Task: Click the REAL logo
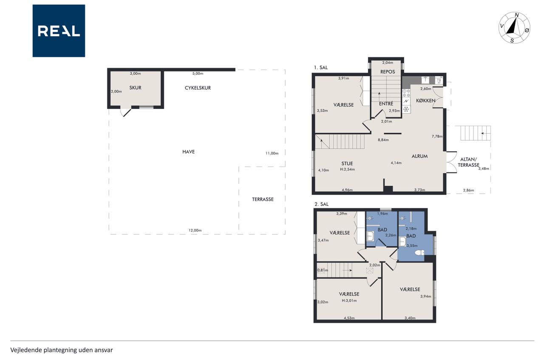(x=59, y=31)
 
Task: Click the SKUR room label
(x=135, y=88)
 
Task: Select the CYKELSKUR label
(x=198, y=88)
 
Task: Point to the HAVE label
(x=188, y=152)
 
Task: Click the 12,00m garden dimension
(x=195, y=231)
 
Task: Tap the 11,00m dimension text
(x=272, y=154)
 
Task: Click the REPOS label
(x=388, y=72)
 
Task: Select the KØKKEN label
(x=425, y=100)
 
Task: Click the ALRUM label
(x=419, y=156)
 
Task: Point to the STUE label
(x=347, y=164)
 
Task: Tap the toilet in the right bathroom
(x=419, y=253)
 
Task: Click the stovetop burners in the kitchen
(x=406, y=93)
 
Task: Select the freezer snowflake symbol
(x=406, y=109)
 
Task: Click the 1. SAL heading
(x=321, y=68)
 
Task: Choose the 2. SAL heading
(x=322, y=204)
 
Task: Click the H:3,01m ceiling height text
(x=349, y=300)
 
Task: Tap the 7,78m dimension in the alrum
(x=437, y=137)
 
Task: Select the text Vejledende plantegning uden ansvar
(x=62, y=350)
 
